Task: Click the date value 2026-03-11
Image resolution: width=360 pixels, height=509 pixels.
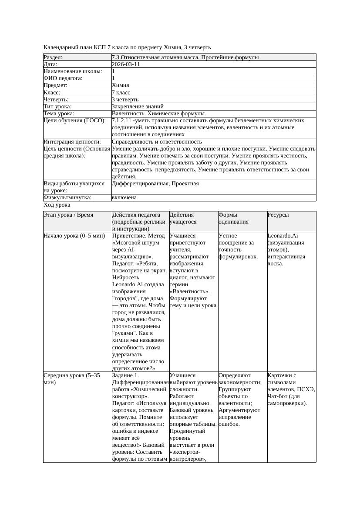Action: [126, 64]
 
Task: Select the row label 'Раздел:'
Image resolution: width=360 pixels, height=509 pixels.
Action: [53, 57]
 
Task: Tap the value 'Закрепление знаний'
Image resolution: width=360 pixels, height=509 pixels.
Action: [138, 107]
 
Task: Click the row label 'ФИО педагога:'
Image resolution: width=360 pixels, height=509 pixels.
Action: [63, 78]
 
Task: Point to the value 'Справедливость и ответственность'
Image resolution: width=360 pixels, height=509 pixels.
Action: [157, 142]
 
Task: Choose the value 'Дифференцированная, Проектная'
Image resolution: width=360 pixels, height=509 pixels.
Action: [155, 184]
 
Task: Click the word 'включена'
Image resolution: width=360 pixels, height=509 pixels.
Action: [124, 198]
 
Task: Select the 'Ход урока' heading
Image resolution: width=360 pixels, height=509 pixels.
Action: [57, 204]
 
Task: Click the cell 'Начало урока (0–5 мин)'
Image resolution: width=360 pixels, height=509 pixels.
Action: [74, 236]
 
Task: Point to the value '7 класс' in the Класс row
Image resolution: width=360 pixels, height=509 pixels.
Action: [121, 93]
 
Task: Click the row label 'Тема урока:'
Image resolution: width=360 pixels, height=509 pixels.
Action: [59, 114]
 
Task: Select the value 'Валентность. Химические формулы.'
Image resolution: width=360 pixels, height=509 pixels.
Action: [159, 114]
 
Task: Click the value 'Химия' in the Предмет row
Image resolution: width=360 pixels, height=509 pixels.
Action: [120, 85]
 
